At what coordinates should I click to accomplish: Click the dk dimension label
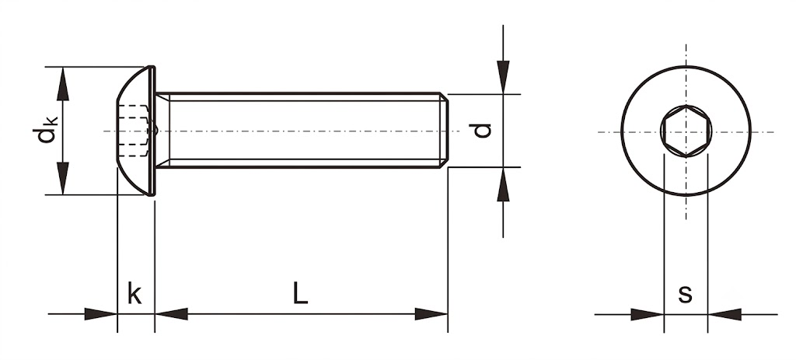pyautogui.click(x=45, y=130)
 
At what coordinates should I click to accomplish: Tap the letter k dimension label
pyautogui.click(x=134, y=293)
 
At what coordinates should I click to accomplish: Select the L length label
pyautogui.click(x=300, y=293)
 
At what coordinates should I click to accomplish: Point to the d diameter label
pyautogui.click(x=482, y=131)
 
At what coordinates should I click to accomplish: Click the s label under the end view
pyautogui.click(x=686, y=294)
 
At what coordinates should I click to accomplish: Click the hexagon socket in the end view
pyautogui.click(x=686, y=131)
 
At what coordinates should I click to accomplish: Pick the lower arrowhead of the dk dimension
pyautogui.click(x=63, y=178)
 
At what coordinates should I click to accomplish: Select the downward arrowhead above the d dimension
pyautogui.click(x=503, y=77)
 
